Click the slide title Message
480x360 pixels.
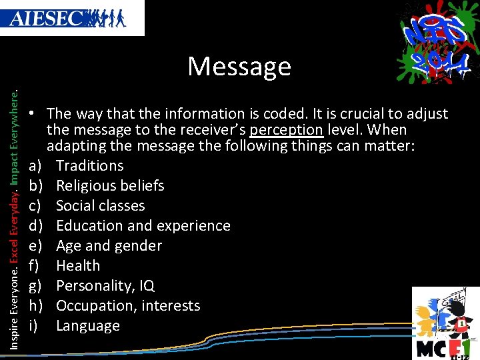pos(239,67)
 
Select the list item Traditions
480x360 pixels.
pos(89,165)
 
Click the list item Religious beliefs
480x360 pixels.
pos(110,185)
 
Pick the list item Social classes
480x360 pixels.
pos(100,205)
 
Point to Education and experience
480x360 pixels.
pos(143,225)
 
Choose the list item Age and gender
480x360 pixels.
pos(109,245)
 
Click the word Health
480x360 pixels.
pos(78,265)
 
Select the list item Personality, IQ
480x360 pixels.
pos(105,285)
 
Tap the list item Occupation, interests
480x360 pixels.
pos(127,305)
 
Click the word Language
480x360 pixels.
pos(88,325)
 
